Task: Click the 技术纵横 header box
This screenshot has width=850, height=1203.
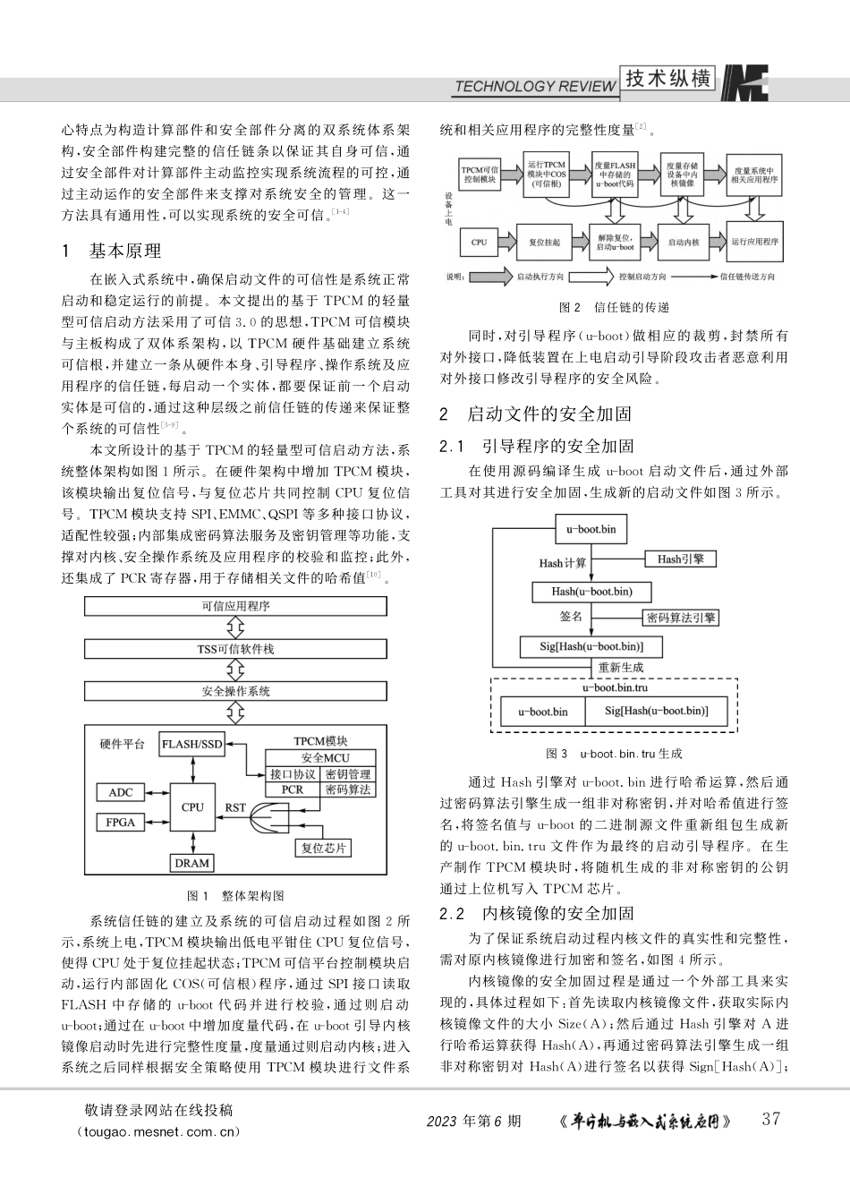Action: pos(668,79)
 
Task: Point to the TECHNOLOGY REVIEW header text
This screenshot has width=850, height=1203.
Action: pos(535,86)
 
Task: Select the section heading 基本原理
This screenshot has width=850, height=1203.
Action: pos(124,251)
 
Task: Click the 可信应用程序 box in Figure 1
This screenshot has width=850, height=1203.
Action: pos(235,606)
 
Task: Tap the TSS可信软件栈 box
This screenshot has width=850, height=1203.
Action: pos(235,649)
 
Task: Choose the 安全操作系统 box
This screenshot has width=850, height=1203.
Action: pos(235,691)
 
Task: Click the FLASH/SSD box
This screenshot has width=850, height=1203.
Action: pos(192,744)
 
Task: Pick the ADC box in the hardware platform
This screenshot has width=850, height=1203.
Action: pos(121,792)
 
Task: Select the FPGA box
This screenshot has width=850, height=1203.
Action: pos(121,822)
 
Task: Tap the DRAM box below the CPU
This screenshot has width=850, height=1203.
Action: pos(192,863)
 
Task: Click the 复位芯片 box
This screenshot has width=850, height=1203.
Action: pos(323,847)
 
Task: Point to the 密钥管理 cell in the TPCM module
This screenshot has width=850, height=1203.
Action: pos(347,774)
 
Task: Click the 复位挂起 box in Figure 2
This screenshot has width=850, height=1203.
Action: pos(544,242)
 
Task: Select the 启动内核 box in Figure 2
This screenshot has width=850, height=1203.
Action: pos(684,242)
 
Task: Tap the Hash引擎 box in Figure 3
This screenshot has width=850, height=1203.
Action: pos(681,559)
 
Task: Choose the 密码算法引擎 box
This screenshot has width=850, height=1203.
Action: pos(681,618)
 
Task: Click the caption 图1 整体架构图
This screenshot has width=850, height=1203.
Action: pos(235,895)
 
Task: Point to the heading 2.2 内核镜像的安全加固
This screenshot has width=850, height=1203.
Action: pos(537,913)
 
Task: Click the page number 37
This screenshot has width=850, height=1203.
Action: pos(770,1119)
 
